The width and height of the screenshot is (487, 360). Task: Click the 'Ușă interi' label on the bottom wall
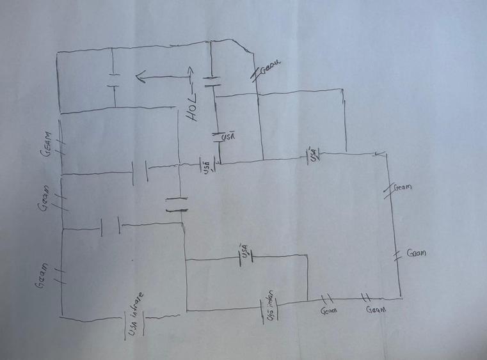271,307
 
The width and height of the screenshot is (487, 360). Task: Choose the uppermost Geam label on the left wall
49,145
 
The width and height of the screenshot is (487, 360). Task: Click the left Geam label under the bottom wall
328,311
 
